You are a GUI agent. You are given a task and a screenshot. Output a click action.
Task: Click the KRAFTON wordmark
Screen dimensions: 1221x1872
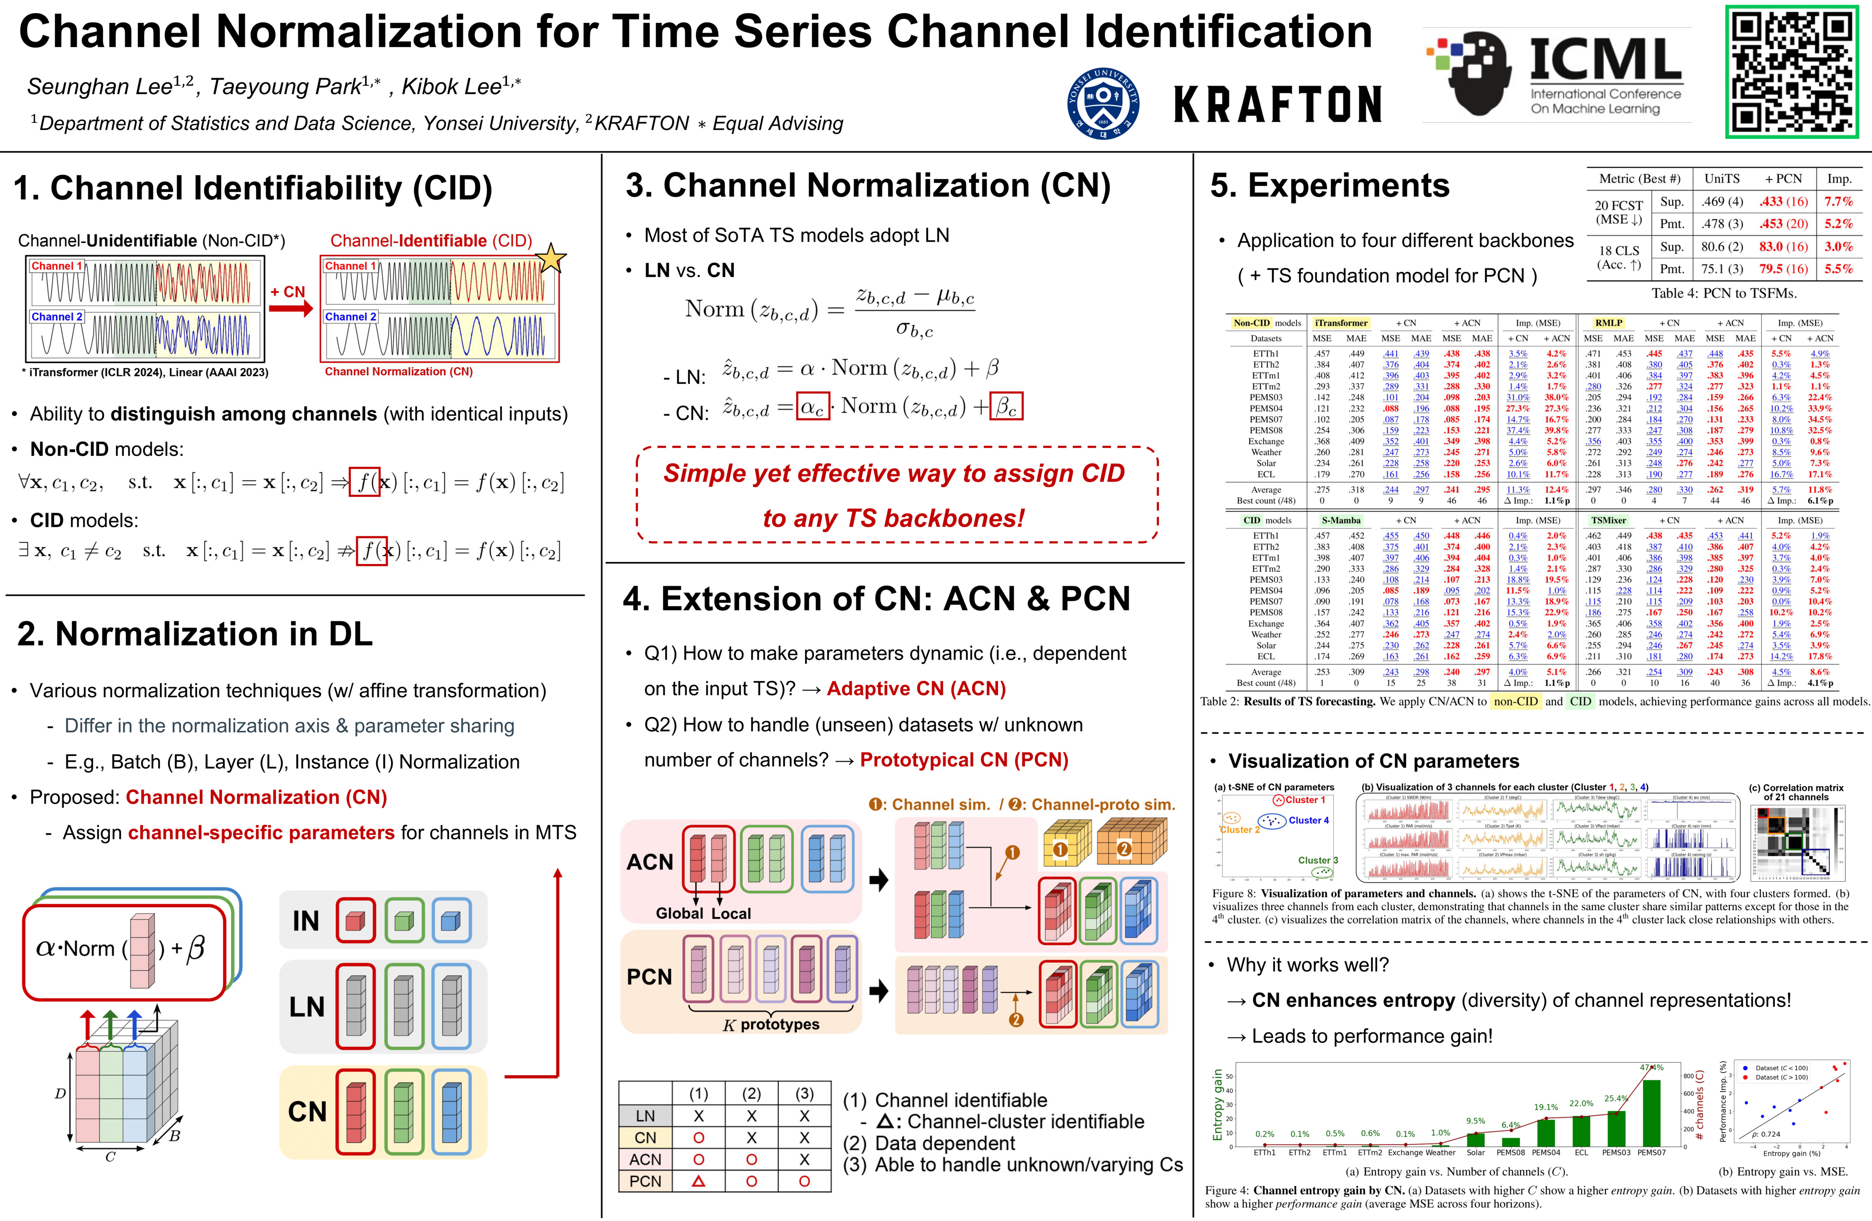tap(1277, 105)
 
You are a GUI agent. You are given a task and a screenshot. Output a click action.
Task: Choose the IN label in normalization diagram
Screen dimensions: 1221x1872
tap(306, 920)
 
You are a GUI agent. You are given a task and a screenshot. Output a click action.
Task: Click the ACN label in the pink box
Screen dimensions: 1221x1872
tap(650, 862)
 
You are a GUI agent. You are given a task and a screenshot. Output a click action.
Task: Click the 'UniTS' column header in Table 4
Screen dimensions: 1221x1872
tap(1722, 178)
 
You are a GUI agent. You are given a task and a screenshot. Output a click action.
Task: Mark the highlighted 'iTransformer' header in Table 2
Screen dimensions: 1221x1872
tap(1341, 323)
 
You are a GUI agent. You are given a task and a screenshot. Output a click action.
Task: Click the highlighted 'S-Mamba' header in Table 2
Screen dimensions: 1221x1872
tap(1341, 520)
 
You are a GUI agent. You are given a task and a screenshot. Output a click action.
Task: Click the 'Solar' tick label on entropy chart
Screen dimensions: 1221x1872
tap(1476, 1153)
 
